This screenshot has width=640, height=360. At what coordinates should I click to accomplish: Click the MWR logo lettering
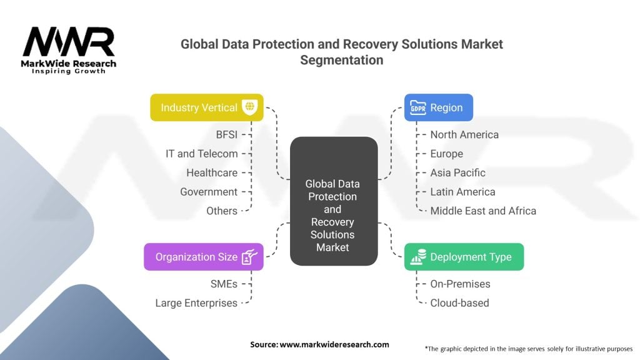69,41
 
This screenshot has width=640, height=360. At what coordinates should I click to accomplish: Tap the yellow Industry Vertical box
207,107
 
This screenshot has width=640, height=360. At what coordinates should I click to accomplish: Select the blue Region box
439,107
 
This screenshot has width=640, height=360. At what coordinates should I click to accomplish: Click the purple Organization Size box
204,257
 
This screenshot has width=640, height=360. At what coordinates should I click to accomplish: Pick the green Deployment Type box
464,257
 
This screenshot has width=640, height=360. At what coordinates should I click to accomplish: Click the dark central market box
334,201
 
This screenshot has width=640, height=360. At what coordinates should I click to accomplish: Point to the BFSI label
226,135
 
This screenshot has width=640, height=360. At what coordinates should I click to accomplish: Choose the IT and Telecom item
202,154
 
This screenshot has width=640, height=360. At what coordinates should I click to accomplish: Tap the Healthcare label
212,173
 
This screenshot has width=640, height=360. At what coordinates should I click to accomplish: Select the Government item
209,192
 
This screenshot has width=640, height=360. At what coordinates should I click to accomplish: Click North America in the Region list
464,135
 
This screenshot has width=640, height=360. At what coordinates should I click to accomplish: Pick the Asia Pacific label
458,173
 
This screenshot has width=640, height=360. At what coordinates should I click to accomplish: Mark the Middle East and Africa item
483,211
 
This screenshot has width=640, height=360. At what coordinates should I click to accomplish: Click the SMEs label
224,284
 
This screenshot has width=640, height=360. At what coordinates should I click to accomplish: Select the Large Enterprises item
196,303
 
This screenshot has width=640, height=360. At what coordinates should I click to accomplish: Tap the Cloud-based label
459,303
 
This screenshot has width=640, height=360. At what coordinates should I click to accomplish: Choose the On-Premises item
461,284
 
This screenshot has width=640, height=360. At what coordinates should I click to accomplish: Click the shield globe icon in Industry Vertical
250,107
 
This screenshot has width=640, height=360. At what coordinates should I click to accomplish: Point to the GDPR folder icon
418,107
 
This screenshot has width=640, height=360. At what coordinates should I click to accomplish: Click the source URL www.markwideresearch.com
334,344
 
